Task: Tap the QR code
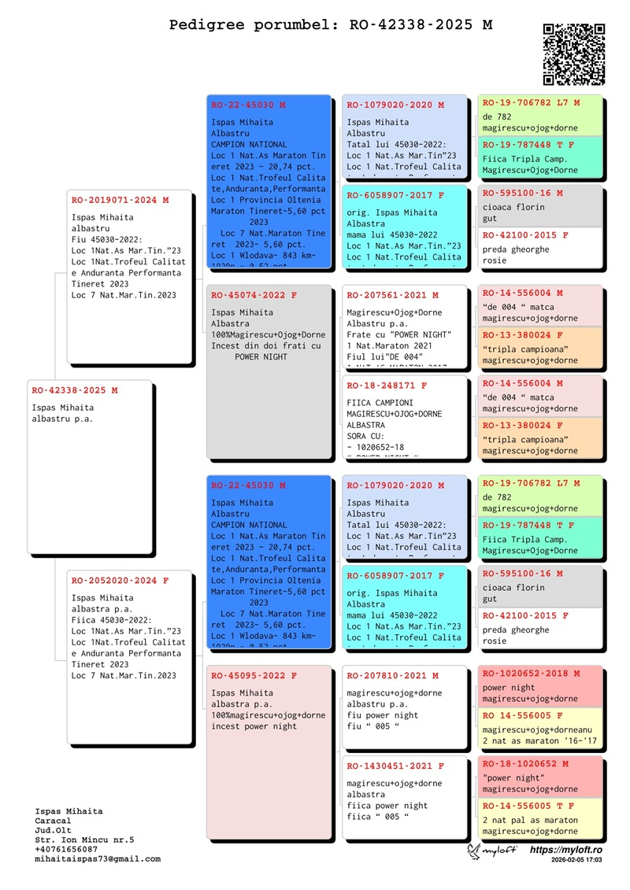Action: [x=574, y=54]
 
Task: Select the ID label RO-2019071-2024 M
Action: [x=120, y=200]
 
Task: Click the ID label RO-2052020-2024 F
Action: [x=120, y=580]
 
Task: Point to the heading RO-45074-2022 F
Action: [x=254, y=295]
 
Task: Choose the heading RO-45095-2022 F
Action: [x=254, y=675]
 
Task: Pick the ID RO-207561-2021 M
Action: [x=392, y=295]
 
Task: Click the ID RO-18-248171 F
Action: [x=387, y=386]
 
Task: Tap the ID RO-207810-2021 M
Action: [x=392, y=675]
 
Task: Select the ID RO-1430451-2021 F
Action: [x=395, y=765]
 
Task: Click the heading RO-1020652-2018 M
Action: [x=531, y=673]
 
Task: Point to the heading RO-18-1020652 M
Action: [x=525, y=763]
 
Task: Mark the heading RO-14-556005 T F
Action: [x=528, y=806]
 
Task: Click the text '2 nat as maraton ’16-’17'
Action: [x=530, y=740]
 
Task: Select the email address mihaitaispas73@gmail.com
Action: [x=98, y=859]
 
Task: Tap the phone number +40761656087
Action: [x=67, y=849]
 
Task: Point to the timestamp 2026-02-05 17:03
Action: [x=576, y=861]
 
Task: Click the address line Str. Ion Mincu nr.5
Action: [x=84, y=840]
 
